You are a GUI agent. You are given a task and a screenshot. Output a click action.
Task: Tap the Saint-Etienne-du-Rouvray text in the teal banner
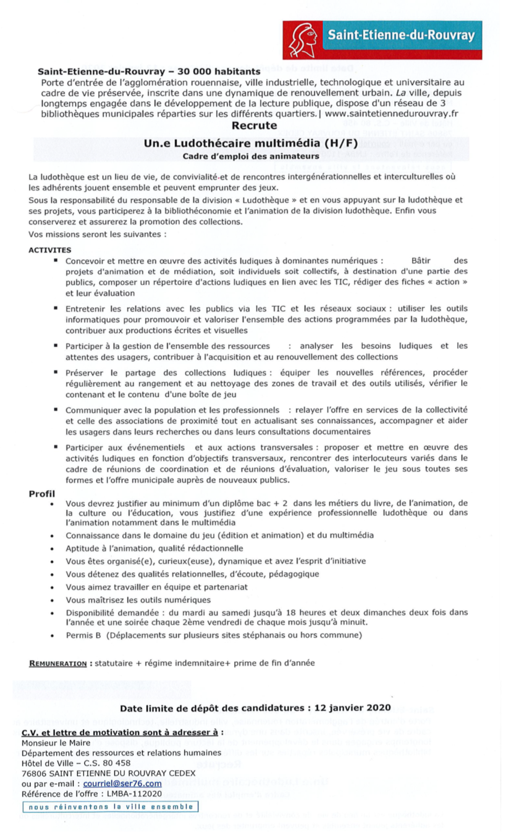(x=401, y=35)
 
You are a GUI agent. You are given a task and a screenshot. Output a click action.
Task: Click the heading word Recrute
(x=254, y=126)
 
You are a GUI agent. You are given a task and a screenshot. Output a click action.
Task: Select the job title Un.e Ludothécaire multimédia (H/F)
(x=251, y=143)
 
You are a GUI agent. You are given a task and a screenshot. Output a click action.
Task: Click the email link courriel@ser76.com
(x=122, y=783)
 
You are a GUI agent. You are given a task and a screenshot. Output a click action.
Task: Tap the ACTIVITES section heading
(x=50, y=250)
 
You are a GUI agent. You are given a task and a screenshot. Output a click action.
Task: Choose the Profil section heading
(x=42, y=494)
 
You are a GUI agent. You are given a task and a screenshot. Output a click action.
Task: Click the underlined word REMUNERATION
(x=58, y=663)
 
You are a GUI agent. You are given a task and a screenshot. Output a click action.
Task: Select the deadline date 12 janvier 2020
(x=352, y=708)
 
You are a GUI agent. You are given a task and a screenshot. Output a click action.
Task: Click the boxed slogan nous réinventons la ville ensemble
(x=111, y=807)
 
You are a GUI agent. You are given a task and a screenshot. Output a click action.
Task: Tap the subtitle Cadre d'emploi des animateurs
(x=251, y=156)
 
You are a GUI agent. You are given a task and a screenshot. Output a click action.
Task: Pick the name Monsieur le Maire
(x=56, y=742)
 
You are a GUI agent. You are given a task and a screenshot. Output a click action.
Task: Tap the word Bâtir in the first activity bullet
(x=420, y=261)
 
